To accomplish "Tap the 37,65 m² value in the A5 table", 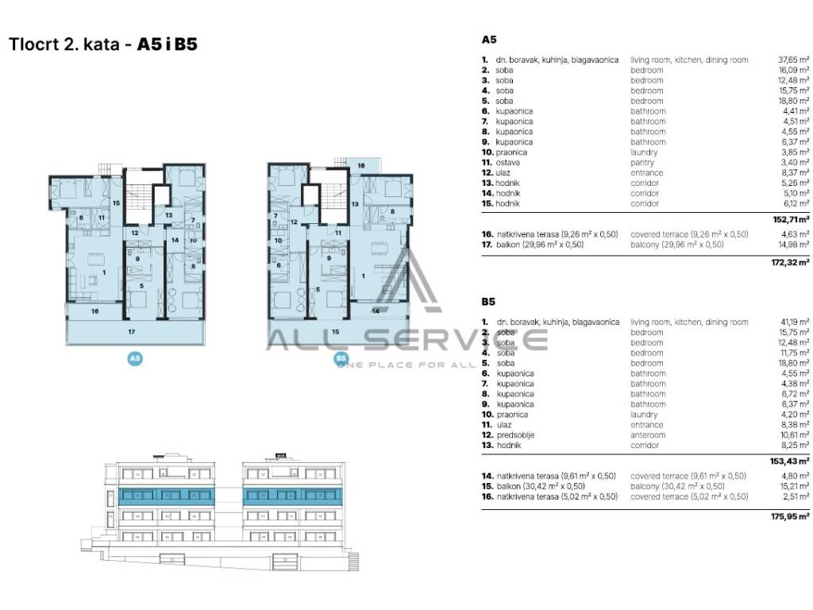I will pos(794,60).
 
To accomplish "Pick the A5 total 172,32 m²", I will pos(792,261).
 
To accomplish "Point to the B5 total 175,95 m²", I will pos(792,516).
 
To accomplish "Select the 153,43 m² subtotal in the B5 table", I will pos(792,461).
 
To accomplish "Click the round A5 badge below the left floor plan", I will pos(135,359).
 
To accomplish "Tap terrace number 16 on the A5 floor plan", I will pos(94,311).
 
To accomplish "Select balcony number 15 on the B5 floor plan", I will pos(335,330).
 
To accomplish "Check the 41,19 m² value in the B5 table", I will pos(794,322).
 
